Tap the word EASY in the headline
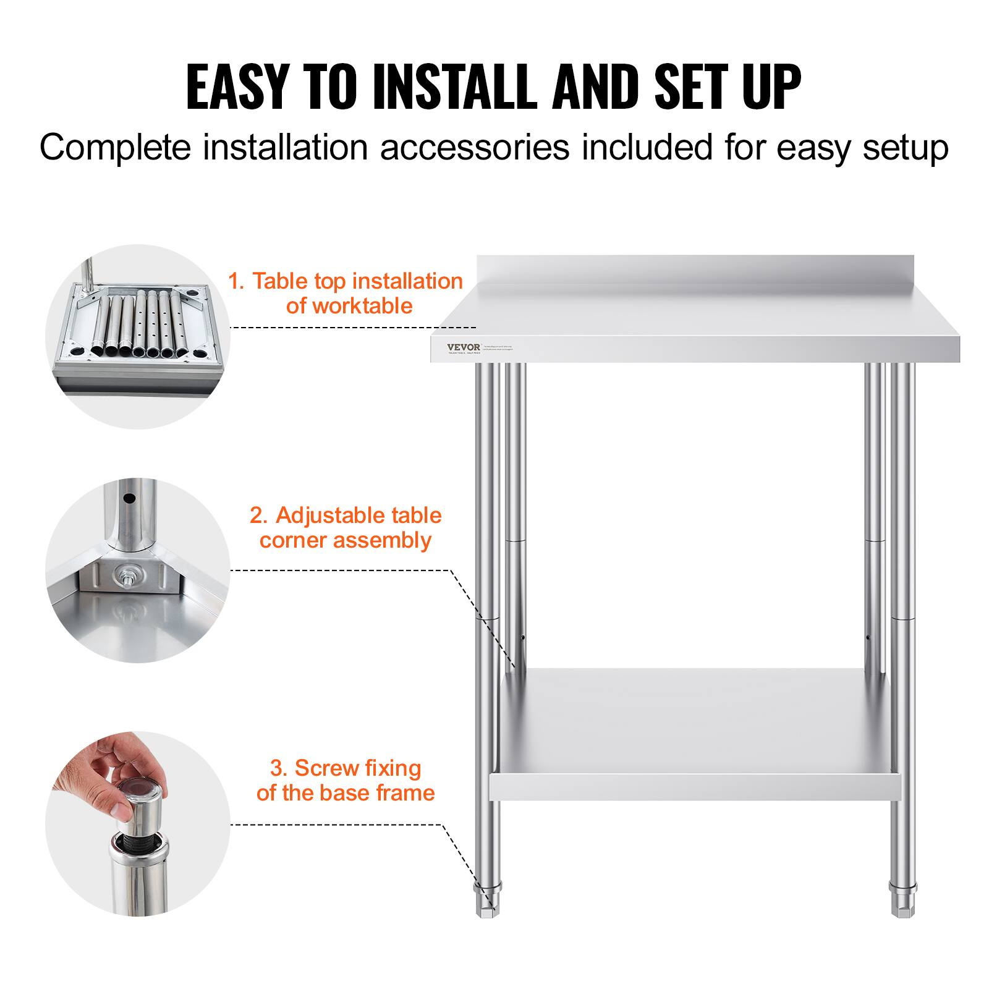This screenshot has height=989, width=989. click(x=237, y=87)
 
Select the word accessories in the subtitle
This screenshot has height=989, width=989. click(x=474, y=148)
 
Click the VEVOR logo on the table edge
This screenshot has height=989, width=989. click(x=464, y=347)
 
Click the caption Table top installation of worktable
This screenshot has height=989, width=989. click(x=346, y=293)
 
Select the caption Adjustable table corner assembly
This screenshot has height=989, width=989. click(x=346, y=527)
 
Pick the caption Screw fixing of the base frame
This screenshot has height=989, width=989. click(x=346, y=780)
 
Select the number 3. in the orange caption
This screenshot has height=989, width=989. click(x=279, y=768)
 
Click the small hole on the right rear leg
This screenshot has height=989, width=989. click(x=868, y=637)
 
